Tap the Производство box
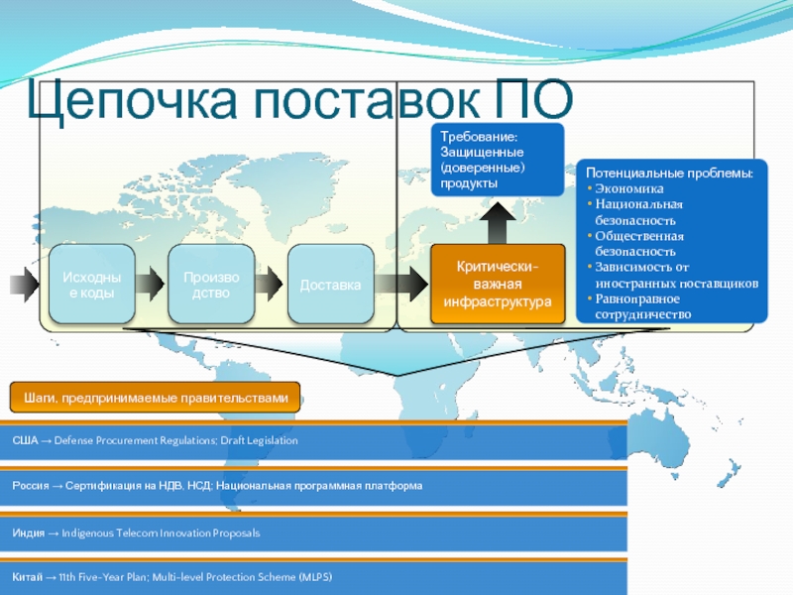[x=210, y=284]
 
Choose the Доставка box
[x=331, y=285]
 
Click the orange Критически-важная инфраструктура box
[x=497, y=285]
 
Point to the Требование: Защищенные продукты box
[x=497, y=159]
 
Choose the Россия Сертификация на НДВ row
[x=217, y=486]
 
